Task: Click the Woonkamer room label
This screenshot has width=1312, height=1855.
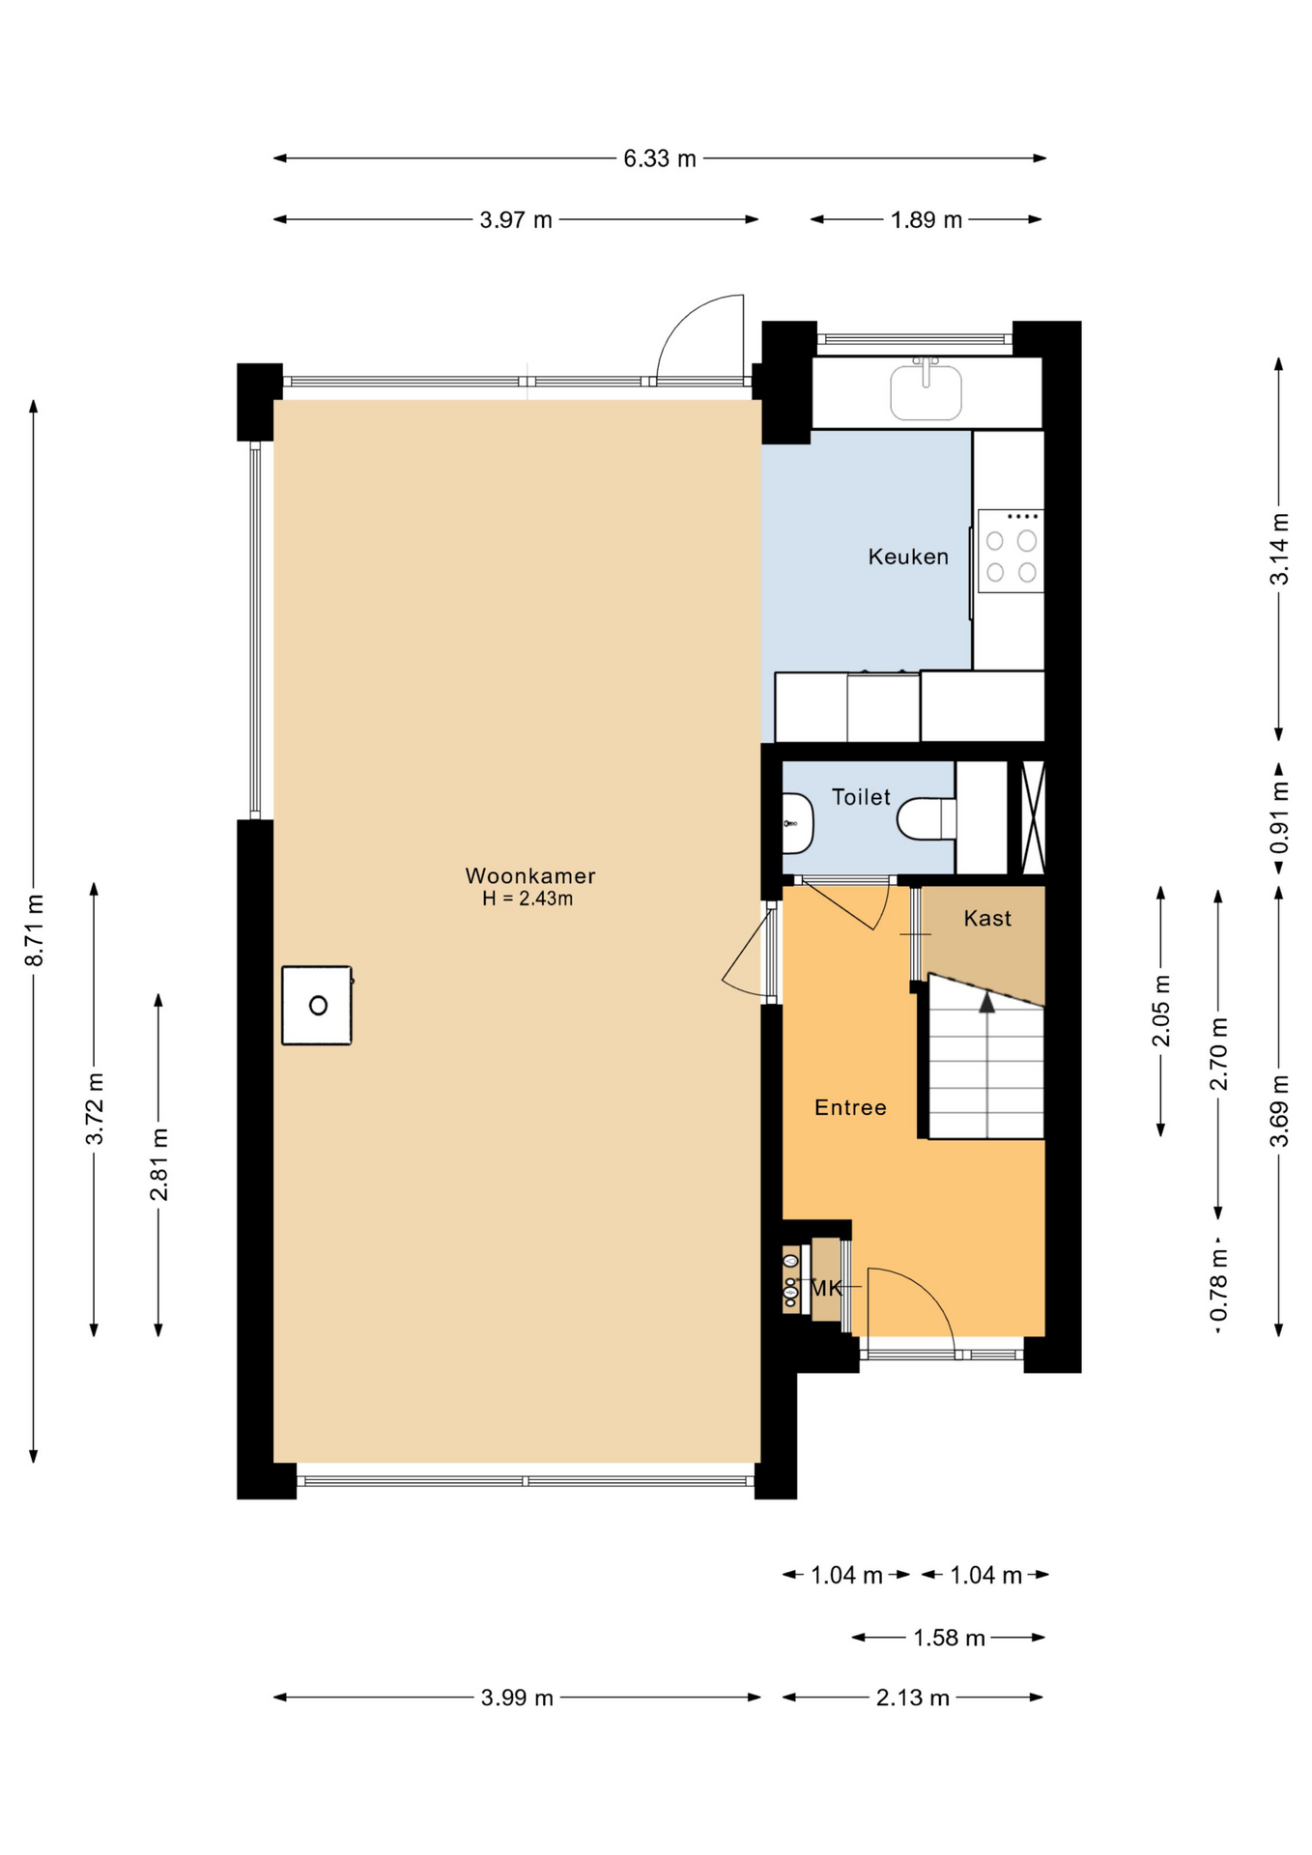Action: tap(530, 875)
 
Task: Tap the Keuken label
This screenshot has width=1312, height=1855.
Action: tap(908, 556)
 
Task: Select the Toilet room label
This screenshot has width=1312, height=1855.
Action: tap(861, 797)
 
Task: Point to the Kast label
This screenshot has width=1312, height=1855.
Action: tap(987, 918)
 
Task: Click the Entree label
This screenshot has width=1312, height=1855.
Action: tap(850, 1107)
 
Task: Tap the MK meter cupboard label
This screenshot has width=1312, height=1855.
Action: tap(826, 1288)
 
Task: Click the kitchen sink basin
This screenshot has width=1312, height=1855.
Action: tap(926, 391)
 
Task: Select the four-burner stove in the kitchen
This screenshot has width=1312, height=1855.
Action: tap(1011, 551)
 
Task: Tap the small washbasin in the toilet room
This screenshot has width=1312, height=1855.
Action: tap(797, 823)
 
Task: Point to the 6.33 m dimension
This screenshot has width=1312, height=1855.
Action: tap(660, 158)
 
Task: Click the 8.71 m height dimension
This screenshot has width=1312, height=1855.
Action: tap(34, 930)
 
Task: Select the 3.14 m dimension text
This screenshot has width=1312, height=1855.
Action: tap(1279, 549)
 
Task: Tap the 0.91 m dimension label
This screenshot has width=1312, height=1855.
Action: tap(1279, 818)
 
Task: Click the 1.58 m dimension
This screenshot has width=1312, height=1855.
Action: tap(949, 1638)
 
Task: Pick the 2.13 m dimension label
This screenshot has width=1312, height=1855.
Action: tap(913, 1698)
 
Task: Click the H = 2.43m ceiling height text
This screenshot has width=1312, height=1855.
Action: tap(528, 899)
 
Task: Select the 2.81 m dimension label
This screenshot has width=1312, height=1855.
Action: tap(158, 1164)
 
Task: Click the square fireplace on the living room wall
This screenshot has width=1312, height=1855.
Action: tap(317, 1005)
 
